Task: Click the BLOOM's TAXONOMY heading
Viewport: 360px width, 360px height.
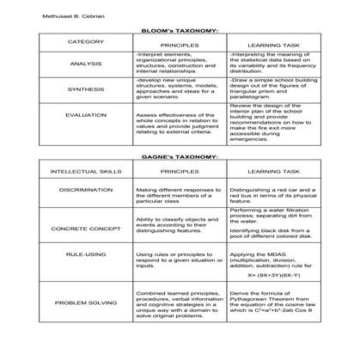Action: [x=179, y=29]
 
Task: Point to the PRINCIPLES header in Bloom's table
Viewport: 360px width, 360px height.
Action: [x=179, y=43]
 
